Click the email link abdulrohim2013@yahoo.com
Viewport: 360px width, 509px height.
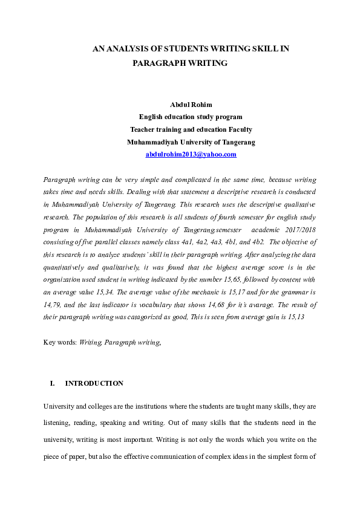[191, 154]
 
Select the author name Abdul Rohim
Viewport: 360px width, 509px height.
[191, 105]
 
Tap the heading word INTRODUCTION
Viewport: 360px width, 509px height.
[94, 383]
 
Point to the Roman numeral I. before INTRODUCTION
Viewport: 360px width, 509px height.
[52, 383]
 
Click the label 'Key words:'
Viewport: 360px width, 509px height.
[60, 342]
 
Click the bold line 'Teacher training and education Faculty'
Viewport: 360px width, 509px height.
[191, 129]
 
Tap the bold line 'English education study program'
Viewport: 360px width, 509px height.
[191, 117]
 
